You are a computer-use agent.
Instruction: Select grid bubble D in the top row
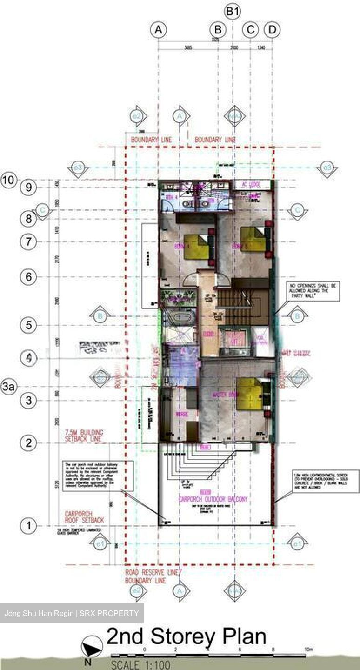[x=272, y=30]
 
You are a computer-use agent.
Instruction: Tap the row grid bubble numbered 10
[x=9, y=179]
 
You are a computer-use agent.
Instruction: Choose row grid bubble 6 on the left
[x=28, y=277]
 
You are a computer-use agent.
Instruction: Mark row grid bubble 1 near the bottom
[x=28, y=526]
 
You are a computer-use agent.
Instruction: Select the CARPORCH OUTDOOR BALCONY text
[x=213, y=499]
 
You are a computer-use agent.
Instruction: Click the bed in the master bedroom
[x=250, y=394]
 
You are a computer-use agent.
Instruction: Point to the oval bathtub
[x=180, y=319]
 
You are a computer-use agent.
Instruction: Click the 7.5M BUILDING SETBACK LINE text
[x=85, y=435]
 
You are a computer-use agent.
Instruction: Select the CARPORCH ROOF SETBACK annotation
[x=84, y=517]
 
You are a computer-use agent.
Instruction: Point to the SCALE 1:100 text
[x=140, y=665]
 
